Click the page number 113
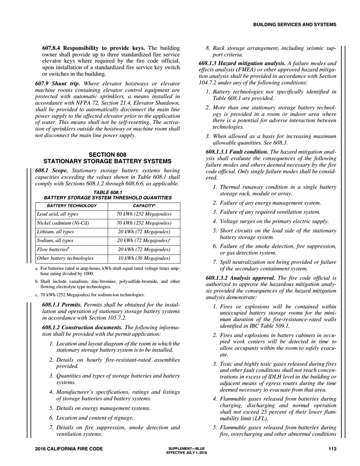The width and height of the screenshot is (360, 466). tap(332, 449)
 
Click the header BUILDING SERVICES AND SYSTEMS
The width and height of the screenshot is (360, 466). tap(295, 25)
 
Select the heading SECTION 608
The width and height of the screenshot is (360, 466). tap(107, 155)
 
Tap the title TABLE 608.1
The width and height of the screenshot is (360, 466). tap(107, 193)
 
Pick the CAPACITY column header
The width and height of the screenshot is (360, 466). tap(144, 206)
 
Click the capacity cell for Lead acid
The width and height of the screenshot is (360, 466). tap(144, 214)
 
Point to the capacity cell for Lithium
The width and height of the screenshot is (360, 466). tap(144, 232)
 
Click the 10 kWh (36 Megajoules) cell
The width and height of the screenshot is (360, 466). tap(144, 258)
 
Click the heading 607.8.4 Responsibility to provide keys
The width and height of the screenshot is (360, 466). tap(93, 48)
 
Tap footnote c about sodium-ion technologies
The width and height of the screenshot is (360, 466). tap(90, 295)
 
